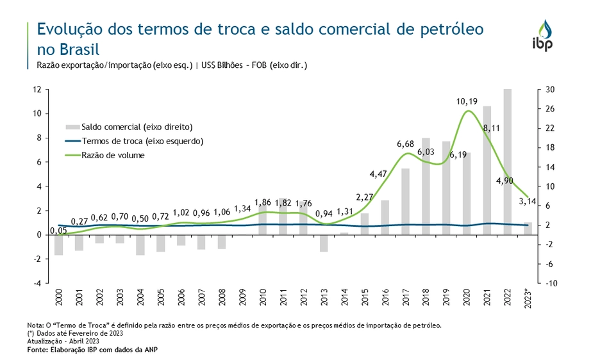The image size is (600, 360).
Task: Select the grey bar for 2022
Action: (508, 161)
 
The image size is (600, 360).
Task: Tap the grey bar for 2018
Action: (426, 186)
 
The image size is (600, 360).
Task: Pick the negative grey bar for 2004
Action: (140, 245)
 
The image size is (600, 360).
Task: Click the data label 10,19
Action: (466, 101)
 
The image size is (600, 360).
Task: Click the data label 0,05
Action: (58, 230)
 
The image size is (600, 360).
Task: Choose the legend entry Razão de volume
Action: (113, 155)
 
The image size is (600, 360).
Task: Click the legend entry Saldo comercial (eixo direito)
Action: (137, 127)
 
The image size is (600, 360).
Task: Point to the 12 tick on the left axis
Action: (38, 90)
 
